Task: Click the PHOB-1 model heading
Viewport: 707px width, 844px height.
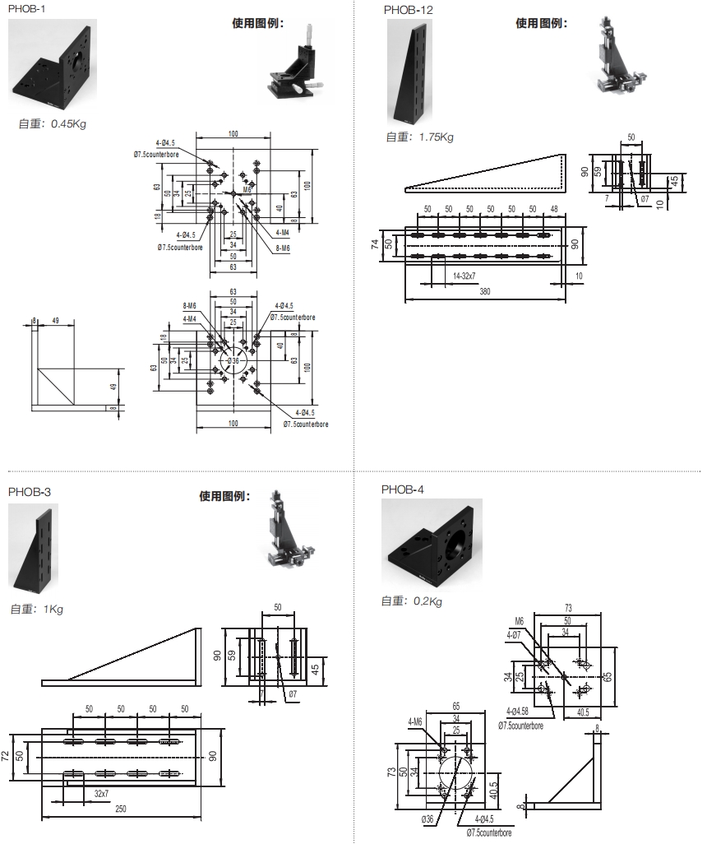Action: pos(27,8)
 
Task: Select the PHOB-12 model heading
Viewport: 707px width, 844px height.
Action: pos(408,10)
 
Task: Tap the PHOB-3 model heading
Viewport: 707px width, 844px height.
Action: pos(30,492)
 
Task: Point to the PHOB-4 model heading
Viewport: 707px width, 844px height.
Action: pos(403,489)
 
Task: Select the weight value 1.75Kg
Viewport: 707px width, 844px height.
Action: pos(436,137)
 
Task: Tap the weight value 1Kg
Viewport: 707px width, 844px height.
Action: pos(53,610)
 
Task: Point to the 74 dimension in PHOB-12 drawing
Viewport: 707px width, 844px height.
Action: pos(374,245)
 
